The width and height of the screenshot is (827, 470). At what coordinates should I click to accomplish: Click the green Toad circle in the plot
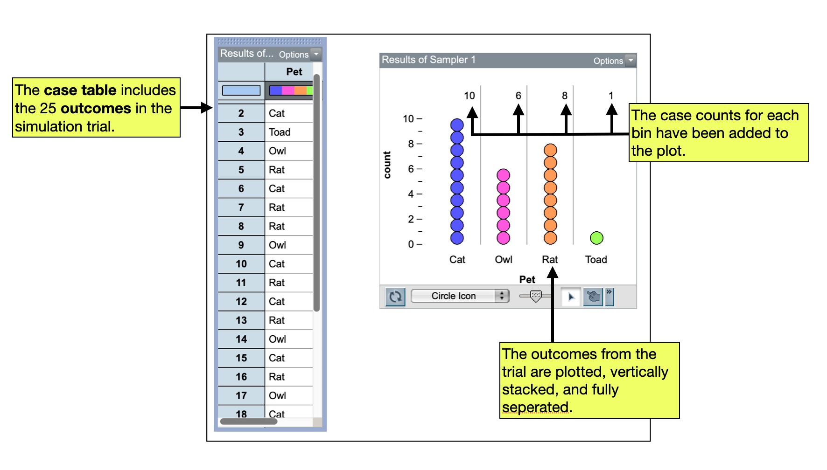[x=596, y=238]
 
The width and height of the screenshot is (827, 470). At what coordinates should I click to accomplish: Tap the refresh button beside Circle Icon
[x=395, y=297]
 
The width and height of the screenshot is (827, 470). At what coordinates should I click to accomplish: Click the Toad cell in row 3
[x=280, y=132]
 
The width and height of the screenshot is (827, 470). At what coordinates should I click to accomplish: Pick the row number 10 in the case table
[x=241, y=264]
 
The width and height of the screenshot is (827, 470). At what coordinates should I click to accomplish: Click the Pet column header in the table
[x=294, y=72]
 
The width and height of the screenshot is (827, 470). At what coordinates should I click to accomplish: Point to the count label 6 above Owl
[x=518, y=96]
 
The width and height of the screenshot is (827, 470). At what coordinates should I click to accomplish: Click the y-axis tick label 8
[x=411, y=144]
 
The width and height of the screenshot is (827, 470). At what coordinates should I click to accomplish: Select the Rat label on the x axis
[x=550, y=259]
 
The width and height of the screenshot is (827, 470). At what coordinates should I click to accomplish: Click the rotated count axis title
[x=387, y=165]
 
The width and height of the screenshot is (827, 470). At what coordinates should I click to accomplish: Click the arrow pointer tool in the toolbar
[x=571, y=297]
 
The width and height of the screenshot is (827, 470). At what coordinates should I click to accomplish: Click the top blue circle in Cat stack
[x=457, y=125]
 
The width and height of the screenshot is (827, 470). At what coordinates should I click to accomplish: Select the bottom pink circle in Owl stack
[x=503, y=238]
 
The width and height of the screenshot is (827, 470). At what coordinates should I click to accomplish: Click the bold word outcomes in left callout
[x=96, y=108]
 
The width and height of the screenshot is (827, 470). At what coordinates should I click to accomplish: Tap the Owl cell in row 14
[x=277, y=339]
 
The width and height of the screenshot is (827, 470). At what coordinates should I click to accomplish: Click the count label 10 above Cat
[x=469, y=96]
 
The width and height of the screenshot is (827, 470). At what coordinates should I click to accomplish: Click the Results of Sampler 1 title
[x=428, y=60]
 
